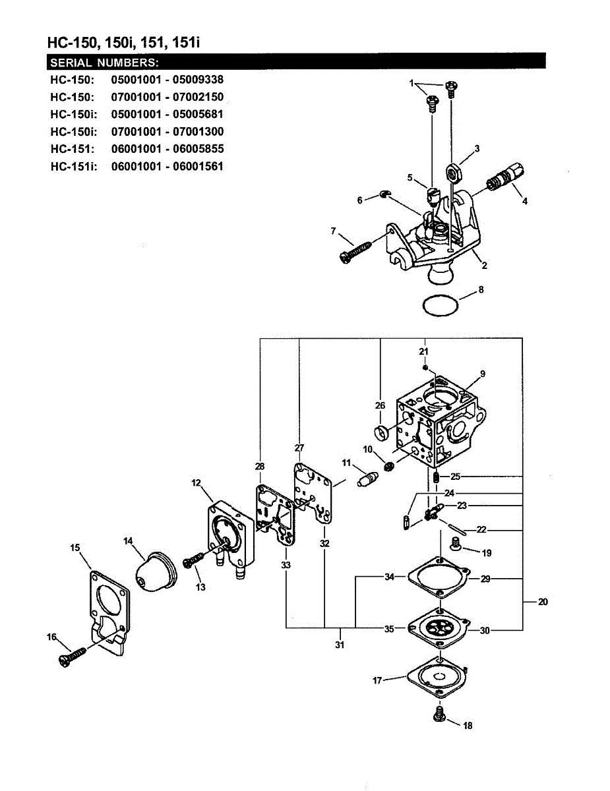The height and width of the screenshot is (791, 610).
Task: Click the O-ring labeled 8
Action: pyautogui.click(x=440, y=306)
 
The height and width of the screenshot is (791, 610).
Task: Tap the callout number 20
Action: pyautogui.click(x=543, y=601)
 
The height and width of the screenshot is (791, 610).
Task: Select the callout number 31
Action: pyautogui.click(x=340, y=645)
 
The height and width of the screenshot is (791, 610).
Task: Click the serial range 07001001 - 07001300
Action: pyautogui.click(x=168, y=132)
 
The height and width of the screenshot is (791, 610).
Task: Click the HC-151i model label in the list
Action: pyautogui.click(x=73, y=166)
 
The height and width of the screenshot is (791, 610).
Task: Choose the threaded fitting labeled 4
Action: pyautogui.click(x=508, y=177)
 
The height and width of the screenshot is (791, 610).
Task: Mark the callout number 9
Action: pyautogui.click(x=482, y=374)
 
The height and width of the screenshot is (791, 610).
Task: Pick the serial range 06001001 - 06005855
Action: pyautogui.click(x=168, y=149)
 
